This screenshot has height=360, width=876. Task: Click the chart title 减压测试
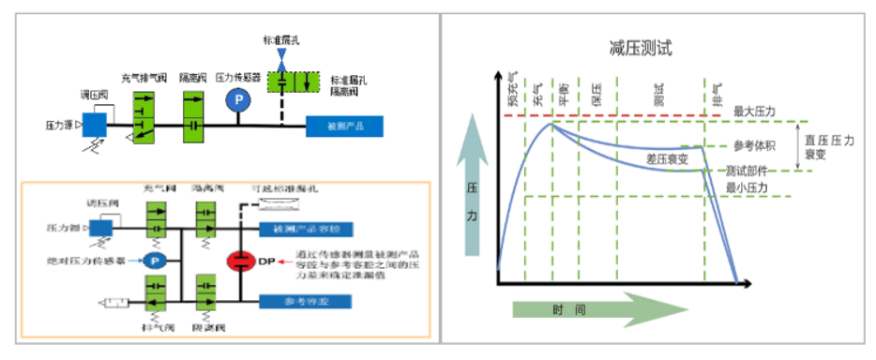click(x=640, y=47)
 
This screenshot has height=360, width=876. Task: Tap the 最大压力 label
click(x=755, y=112)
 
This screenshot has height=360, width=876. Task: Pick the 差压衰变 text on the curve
click(x=667, y=160)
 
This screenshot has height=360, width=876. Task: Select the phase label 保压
click(x=596, y=93)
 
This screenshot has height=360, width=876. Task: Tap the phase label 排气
click(x=717, y=90)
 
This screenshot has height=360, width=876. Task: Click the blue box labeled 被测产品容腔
click(x=305, y=229)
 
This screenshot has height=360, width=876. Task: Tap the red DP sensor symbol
click(x=241, y=262)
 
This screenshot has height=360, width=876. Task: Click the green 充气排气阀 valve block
click(x=143, y=114)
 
